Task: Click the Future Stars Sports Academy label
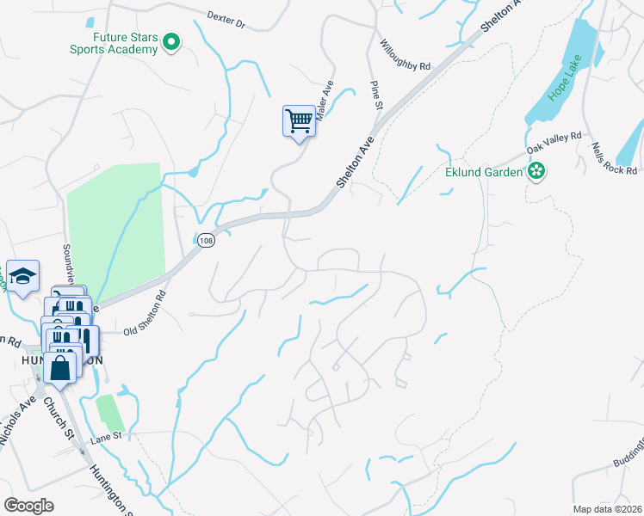pos(114,42)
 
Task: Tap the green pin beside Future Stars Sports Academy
pos(171,40)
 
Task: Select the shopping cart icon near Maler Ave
pos(298,120)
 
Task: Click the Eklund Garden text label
pos(484,172)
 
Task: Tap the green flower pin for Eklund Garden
pos(537,171)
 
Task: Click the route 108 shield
pos(205,242)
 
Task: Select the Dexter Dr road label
pos(226,19)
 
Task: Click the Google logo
pos(28,505)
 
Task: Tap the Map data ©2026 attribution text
pos(607,509)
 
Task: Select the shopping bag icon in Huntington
pos(60,368)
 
